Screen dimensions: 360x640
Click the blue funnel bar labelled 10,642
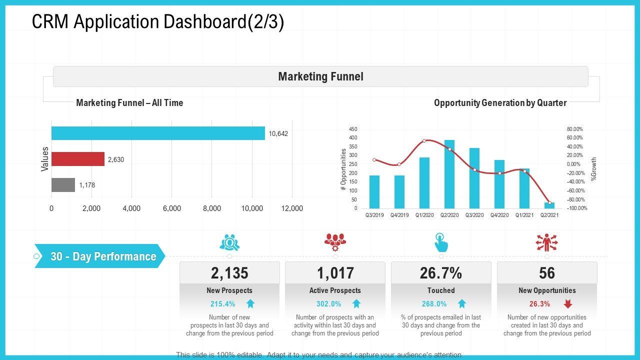[x=158, y=133]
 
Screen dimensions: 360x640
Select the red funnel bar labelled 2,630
[x=78, y=159]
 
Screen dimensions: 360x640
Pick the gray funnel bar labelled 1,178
[x=63, y=185]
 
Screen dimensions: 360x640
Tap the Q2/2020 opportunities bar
[x=449, y=174]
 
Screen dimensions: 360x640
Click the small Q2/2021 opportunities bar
[x=549, y=205]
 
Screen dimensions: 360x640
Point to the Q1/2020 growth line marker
[x=424, y=140]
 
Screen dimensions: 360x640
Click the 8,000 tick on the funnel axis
[x=212, y=208]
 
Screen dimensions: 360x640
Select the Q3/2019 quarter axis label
[x=374, y=215]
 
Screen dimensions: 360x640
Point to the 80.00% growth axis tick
[x=574, y=129]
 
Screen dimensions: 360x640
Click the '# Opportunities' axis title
[x=343, y=169]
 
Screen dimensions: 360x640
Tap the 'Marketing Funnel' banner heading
[x=320, y=76]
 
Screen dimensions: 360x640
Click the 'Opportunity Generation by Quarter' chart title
[x=500, y=103]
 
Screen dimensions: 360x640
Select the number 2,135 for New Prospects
[x=229, y=273]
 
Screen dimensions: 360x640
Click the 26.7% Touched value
[x=441, y=273]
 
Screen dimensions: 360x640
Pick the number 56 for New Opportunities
[x=547, y=273]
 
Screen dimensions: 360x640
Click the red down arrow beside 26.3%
[x=568, y=303]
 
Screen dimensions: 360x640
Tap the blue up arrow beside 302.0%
[x=356, y=303]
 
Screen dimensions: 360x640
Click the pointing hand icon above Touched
[x=441, y=242]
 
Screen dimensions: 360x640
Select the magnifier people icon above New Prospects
[x=229, y=242]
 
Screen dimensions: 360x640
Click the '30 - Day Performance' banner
[x=103, y=256]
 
